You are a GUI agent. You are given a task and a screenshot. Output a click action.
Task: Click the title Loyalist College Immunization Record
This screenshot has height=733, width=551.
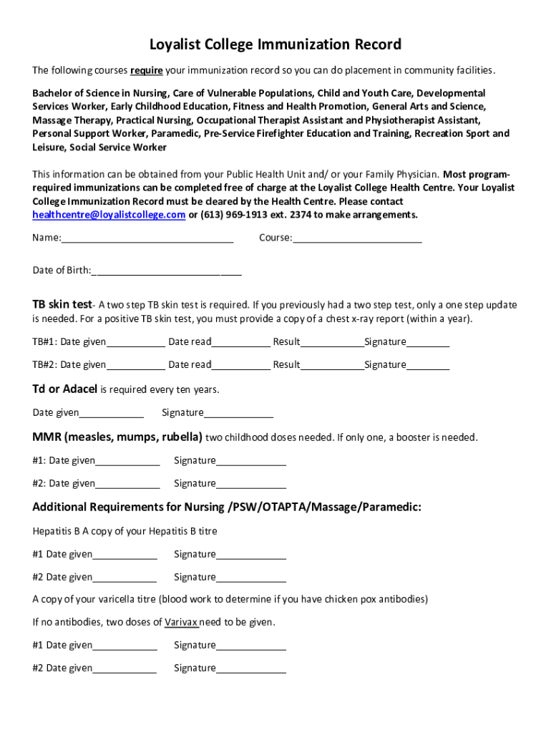[275, 45]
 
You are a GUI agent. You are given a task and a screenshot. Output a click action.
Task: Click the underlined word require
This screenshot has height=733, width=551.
[147, 70]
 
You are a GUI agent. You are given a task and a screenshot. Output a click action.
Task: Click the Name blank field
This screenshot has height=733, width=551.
[147, 238]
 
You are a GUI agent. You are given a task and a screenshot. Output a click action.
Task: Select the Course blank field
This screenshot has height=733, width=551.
[357, 238]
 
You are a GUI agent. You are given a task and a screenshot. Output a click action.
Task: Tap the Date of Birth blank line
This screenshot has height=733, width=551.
[167, 271]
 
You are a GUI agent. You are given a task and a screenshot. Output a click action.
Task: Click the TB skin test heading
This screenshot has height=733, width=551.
[62, 304]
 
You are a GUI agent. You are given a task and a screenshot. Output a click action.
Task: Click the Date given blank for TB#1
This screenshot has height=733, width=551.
[135, 342]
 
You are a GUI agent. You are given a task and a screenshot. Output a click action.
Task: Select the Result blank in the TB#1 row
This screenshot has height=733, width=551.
[332, 342]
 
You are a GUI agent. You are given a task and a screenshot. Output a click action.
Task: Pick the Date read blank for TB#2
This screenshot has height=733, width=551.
[240, 365]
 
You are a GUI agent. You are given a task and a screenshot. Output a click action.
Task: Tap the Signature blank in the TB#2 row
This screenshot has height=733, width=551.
[428, 365]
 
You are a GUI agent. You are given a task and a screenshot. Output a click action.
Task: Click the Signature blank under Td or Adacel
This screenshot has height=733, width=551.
[238, 412]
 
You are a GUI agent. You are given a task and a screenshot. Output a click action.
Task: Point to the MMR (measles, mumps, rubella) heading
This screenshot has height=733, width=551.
[118, 437]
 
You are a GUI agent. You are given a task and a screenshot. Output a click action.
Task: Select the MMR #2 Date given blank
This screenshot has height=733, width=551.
[127, 484]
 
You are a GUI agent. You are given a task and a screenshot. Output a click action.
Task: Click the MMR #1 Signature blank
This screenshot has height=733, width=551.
[250, 461]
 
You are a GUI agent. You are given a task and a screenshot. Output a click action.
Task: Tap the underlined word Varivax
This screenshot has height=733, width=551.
[181, 622]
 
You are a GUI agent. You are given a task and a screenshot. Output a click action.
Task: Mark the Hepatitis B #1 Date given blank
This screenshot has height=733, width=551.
[125, 555]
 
